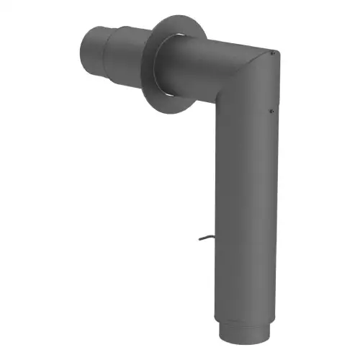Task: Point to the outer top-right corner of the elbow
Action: click(276, 52)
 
